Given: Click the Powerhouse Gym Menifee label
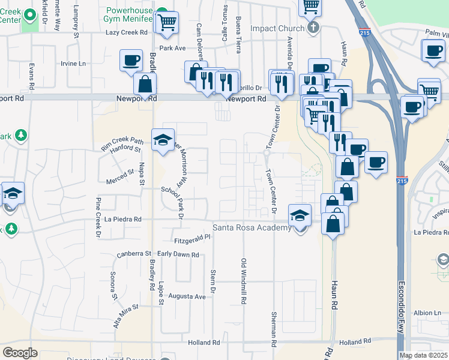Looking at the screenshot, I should [x=128, y=16].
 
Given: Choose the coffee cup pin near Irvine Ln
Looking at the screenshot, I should [x=131, y=60].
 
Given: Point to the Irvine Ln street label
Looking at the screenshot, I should [x=73, y=63].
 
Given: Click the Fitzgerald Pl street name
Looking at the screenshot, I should [x=191, y=238].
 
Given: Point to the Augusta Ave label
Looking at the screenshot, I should [x=190, y=296].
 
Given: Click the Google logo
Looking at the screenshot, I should [x=20, y=353].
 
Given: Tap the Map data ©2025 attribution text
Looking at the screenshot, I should [x=423, y=355].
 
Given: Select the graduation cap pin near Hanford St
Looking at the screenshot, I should [x=163, y=140].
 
